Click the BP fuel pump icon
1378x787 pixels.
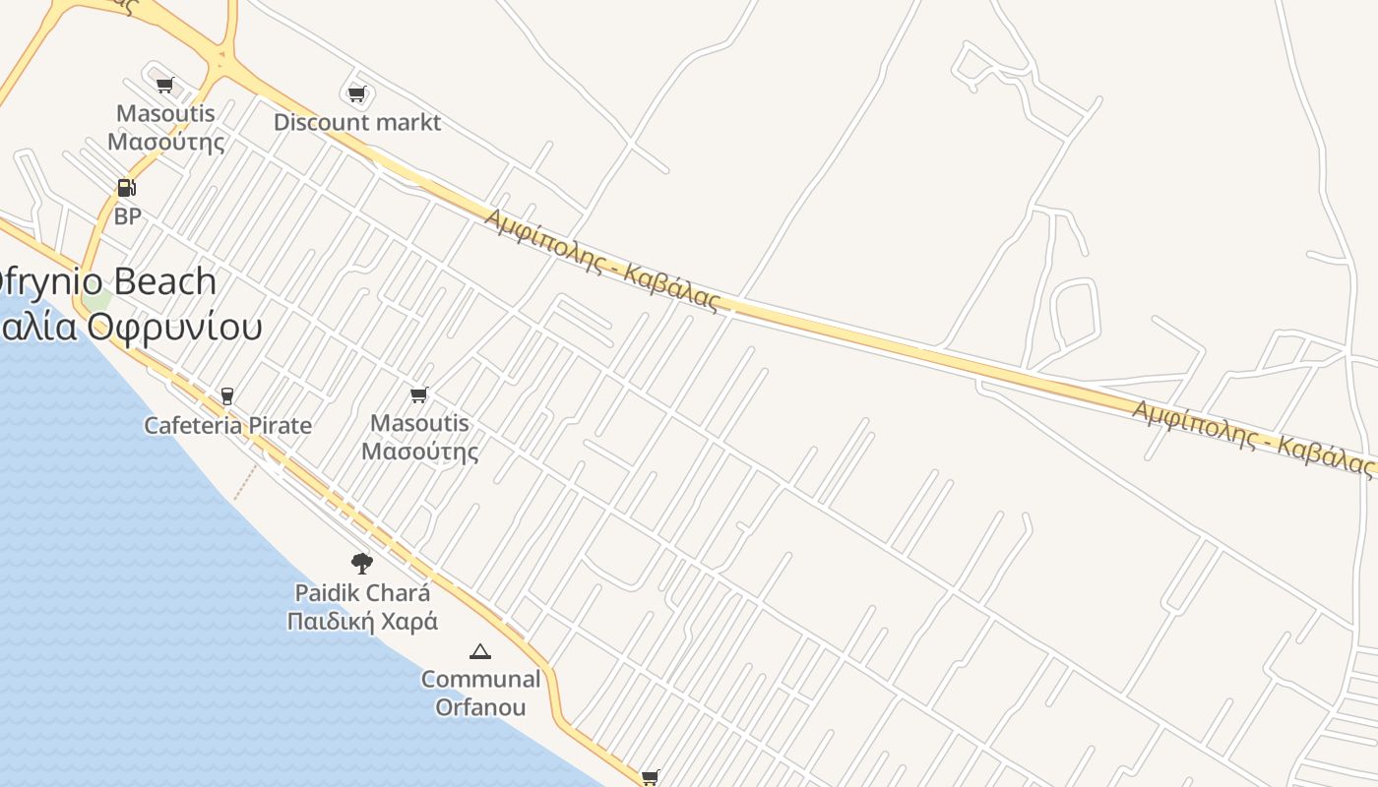(126, 187)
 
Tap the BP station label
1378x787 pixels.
(127, 216)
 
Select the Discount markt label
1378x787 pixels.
(357, 123)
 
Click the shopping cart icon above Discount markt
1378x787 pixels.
(356, 94)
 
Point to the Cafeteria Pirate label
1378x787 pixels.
(227, 426)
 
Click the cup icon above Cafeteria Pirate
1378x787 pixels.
(227, 396)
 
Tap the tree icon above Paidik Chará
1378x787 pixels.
(362, 564)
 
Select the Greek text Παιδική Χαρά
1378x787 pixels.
(362, 622)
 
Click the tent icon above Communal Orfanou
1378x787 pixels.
(480, 651)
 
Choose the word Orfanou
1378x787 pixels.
(480, 707)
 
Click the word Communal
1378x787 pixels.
(480, 679)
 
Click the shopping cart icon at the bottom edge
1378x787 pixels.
(650, 778)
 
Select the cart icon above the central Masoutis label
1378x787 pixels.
(419, 395)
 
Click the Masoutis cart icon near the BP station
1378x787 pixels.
(165, 86)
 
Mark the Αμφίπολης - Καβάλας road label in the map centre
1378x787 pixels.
(601, 259)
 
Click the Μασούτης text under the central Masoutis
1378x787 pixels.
(419, 452)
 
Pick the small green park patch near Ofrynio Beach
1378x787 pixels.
(96, 298)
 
